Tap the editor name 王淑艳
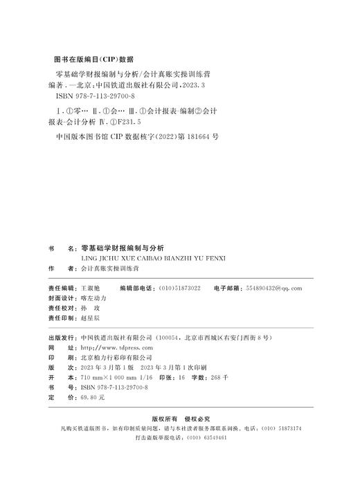click(91, 286)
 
